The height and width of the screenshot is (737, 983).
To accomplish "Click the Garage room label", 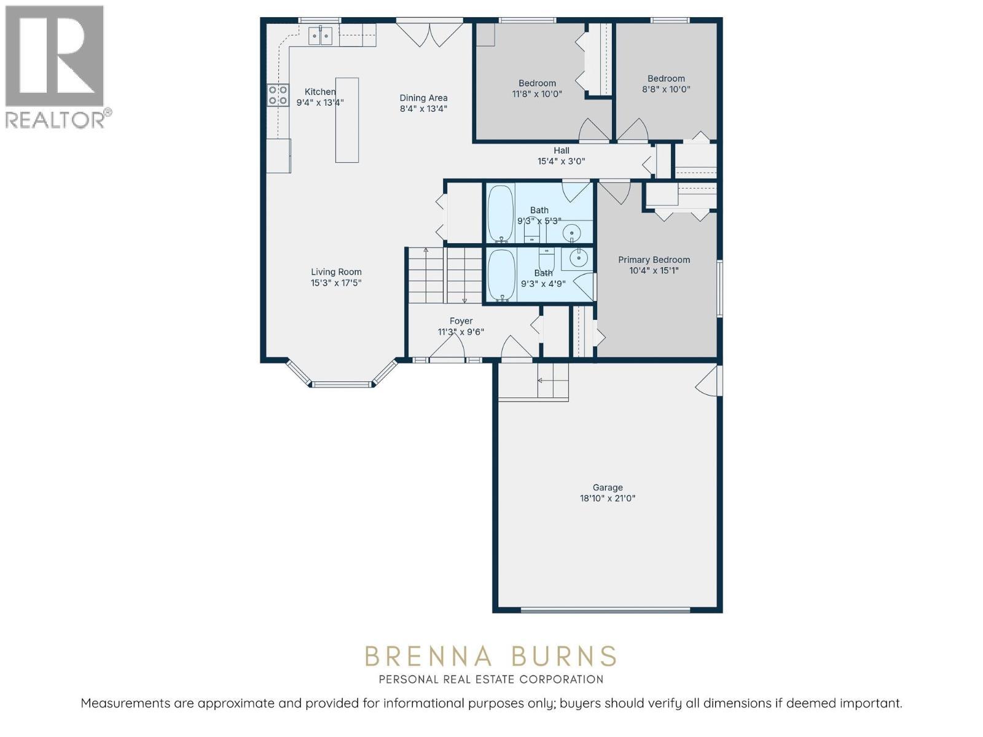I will pyautogui.click(x=607, y=488).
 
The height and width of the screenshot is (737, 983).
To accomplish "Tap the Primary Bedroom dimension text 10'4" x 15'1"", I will pyautogui.click(x=654, y=271).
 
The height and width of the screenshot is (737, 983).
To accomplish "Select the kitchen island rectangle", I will pyautogui.click(x=347, y=120).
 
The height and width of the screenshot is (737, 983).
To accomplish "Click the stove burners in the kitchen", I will pyautogui.click(x=278, y=95).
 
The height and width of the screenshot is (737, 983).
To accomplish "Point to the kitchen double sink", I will pyautogui.click(x=320, y=36).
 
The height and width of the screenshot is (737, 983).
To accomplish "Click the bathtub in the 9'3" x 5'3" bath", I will pyautogui.click(x=500, y=214).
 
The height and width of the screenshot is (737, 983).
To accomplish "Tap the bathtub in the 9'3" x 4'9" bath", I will pyautogui.click(x=501, y=275).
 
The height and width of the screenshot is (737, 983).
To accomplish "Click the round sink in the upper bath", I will pyautogui.click(x=571, y=233).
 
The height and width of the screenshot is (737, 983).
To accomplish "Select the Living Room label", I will pyautogui.click(x=336, y=272).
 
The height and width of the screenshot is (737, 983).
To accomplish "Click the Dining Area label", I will pyautogui.click(x=423, y=98).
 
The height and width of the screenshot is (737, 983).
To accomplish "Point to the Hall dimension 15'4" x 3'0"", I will pyautogui.click(x=561, y=162).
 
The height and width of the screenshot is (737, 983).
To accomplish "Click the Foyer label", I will pyautogui.click(x=461, y=321).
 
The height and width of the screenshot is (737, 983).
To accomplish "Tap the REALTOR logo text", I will pyautogui.click(x=58, y=119).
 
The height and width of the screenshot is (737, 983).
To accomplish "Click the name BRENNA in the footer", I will pyautogui.click(x=429, y=657).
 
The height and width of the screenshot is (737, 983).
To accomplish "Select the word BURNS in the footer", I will pyautogui.click(x=563, y=657).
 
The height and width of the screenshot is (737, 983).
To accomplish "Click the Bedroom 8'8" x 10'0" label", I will pyautogui.click(x=666, y=79).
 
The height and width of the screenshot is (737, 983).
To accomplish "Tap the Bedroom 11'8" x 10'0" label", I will pyautogui.click(x=537, y=84).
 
